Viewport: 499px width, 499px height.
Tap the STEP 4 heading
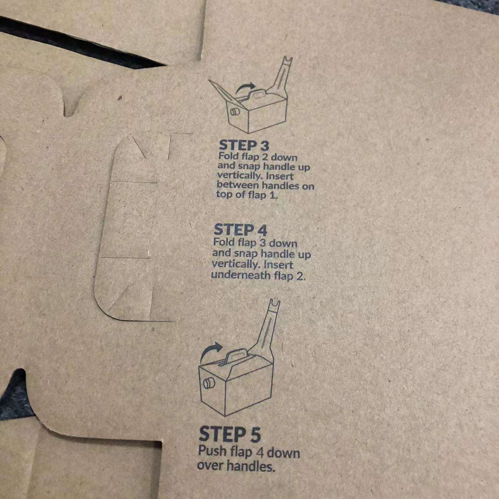pyautogui.click(x=240, y=230)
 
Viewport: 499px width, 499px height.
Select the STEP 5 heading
pyautogui.click(x=230, y=434)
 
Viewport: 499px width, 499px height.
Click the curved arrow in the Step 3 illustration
pyautogui.click(x=245, y=87)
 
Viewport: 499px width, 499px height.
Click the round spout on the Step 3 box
pyautogui.click(x=235, y=113)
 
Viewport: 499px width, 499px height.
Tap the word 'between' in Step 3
pyautogui.click(x=238, y=185)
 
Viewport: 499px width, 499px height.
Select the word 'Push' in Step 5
pyautogui.click(x=212, y=451)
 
